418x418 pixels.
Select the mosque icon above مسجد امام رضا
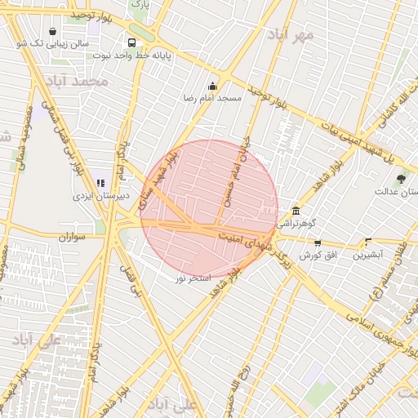pyautogui.click(x=213, y=87)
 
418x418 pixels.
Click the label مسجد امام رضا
pyautogui.click(x=213, y=98)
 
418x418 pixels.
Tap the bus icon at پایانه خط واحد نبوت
pyautogui.click(x=131, y=42)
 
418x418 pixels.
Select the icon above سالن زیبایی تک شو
pyautogui.click(x=53, y=32)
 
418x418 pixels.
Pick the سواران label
pyautogui.click(x=72, y=237)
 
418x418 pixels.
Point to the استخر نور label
pyautogui.click(x=193, y=278)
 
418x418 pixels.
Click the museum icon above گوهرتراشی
pyautogui.click(x=295, y=211)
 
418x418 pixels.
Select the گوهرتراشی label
pyautogui.click(x=300, y=222)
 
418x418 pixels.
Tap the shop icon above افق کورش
pyautogui.click(x=318, y=242)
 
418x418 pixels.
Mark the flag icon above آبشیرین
pyautogui.click(x=368, y=242)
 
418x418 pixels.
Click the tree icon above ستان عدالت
pyautogui.click(x=400, y=179)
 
